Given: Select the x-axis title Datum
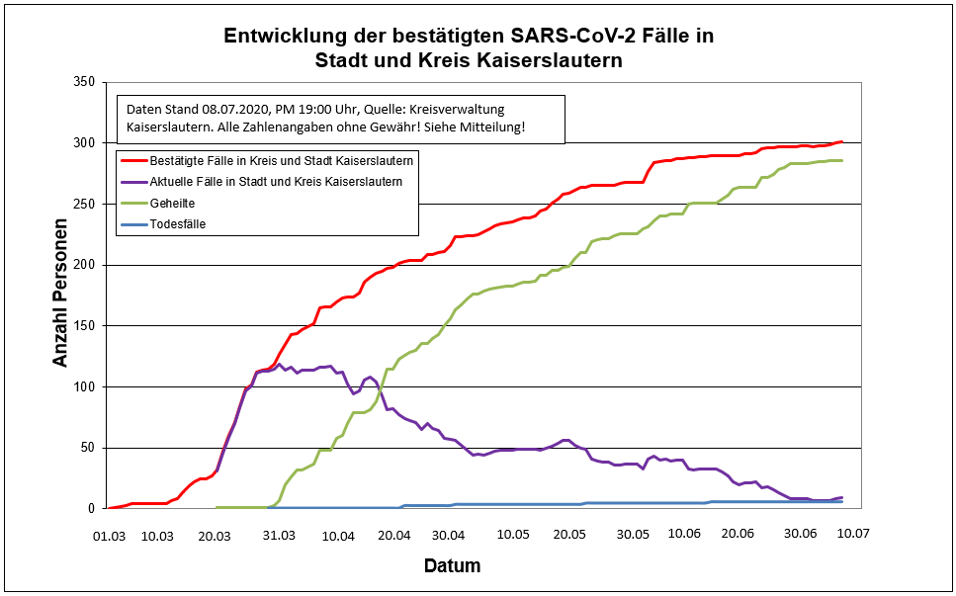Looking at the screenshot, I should click(452, 566).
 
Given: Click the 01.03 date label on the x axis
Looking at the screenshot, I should click(108, 535).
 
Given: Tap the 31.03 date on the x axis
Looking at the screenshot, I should click(280, 535).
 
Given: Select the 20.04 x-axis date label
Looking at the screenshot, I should click(393, 535).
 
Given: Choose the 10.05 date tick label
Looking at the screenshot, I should click(512, 535).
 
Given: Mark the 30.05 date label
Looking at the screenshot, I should click(633, 535).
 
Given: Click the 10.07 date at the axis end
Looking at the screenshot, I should click(850, 535).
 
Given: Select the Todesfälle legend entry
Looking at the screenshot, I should click(177, 224).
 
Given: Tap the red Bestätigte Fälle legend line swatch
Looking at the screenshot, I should click(132, 160).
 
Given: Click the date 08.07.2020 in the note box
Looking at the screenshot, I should click(239, 110).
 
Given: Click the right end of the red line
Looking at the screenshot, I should click(841, 141).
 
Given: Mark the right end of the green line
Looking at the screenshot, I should click(841, 160).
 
